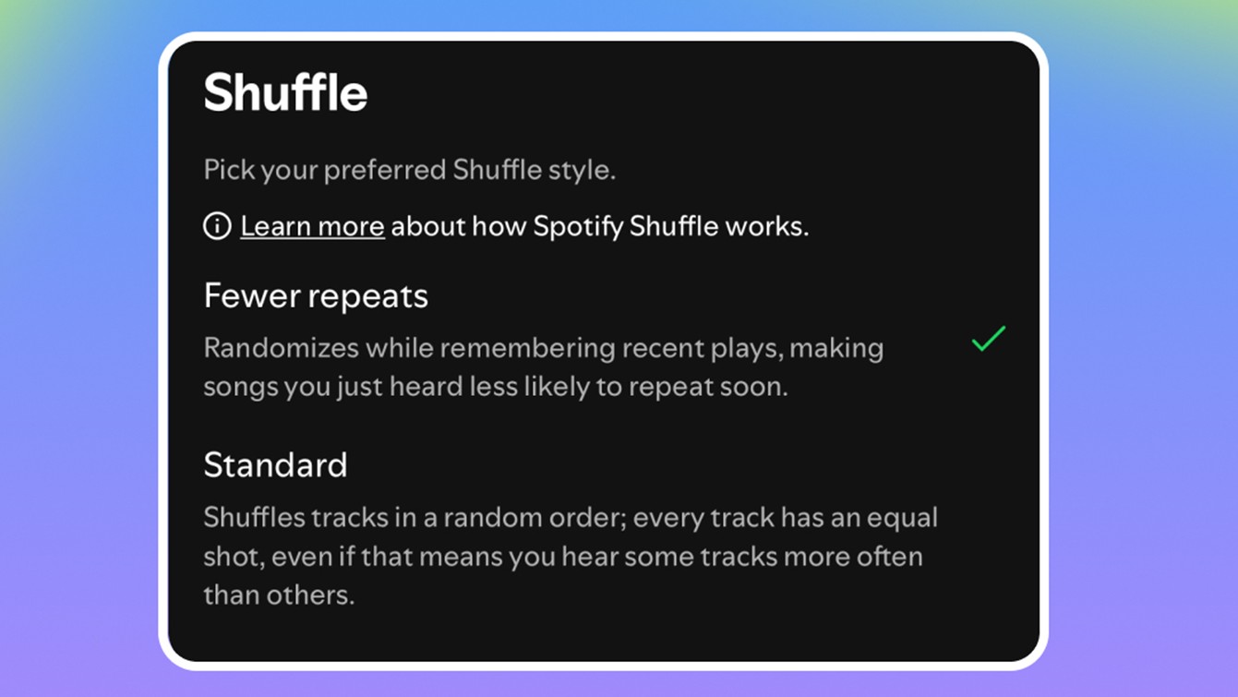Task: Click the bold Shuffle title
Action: click(285, 93)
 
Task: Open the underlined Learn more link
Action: click(312, 226)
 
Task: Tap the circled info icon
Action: click(217, 226)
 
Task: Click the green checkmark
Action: click(988, 339)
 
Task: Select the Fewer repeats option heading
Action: click(316, 296)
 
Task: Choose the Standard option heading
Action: click(275, 464)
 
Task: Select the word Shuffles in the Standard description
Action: click(254, 517)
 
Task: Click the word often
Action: click(887, 557)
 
